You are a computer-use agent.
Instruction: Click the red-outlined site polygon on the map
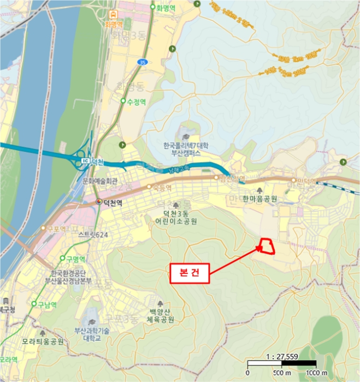click(x=267, y=247)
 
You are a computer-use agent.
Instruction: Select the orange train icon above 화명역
click(x=113, y=15)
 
